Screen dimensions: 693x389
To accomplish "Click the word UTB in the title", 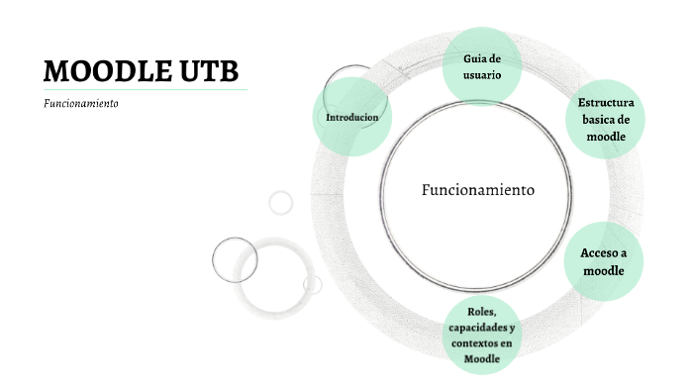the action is click(x=208, y=71).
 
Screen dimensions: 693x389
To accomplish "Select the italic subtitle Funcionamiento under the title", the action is click(x=81, y=103).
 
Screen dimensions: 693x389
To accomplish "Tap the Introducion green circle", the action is click(x=351, y=117).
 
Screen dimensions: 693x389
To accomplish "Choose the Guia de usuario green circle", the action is click(x=482, y=66).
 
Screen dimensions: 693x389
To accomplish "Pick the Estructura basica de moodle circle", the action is click(x=606, y=119).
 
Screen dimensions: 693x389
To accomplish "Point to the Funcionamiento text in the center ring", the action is click(x=478, y=189).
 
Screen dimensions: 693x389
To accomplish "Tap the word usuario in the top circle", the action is click(x=482, y=74).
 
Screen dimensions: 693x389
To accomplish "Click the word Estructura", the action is click(x=606, y=103).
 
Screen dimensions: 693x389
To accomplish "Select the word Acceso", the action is click(x=599, y=253).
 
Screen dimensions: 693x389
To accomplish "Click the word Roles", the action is click(x=480, y=311).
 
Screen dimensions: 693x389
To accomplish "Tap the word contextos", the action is click(x=472, y=342).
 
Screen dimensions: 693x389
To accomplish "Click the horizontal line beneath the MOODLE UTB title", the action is click(x=145, y=90).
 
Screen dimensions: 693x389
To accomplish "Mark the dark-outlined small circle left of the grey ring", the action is click(x=235, y=260).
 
